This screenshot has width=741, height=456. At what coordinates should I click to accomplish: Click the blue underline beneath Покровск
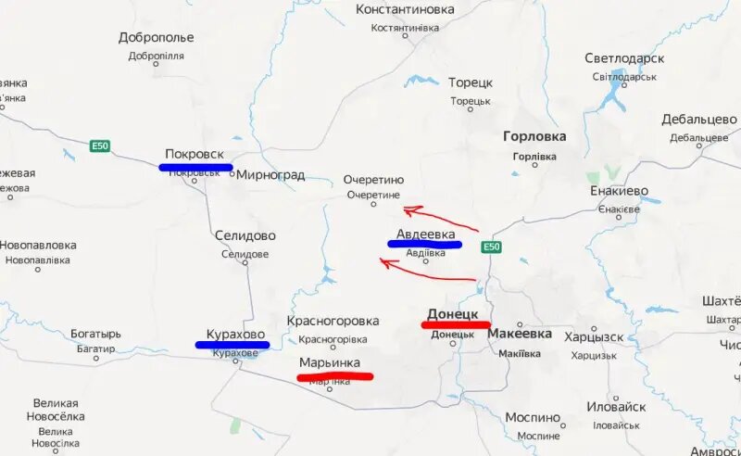click(x=195, y=168)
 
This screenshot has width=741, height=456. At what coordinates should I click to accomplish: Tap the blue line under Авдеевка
click(x=424, y=245)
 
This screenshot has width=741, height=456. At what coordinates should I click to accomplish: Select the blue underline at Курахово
click(x=232, y=345)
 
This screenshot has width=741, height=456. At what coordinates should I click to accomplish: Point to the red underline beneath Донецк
click(x=455, y=324)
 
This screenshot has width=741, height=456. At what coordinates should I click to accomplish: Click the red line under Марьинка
click(x=334, y=376)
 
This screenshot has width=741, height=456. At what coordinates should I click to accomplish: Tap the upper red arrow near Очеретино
click(x=439, y=219)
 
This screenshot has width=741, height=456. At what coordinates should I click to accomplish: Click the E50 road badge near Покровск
click(x=100, y=146)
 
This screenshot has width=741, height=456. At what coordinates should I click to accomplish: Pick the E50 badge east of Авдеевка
click(x=491, y=247)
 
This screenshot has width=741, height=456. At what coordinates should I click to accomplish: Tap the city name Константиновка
click(x=406, y=9)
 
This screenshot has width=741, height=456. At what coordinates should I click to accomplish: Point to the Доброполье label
click(x=157, y=38)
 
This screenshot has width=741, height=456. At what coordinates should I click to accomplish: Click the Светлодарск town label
click(x=624, y=58)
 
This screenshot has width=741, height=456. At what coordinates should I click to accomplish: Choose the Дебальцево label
click(x=699, y=120)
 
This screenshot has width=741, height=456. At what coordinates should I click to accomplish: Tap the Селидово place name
click(x=245, y=236)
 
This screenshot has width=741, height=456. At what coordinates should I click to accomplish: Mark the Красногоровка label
click(x=333, y=321)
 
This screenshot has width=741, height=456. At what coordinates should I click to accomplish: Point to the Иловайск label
click(x=616, y=407)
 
